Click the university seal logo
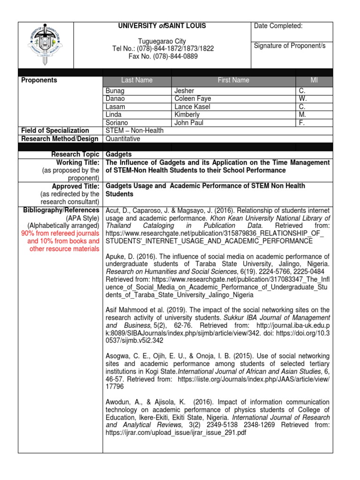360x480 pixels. click(x=45, y=45)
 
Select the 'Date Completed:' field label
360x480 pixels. click(x=278, y=26)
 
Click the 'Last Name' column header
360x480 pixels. click(x=137, y=80)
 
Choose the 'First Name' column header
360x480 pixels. click(x=233, y=80)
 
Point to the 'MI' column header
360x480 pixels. click(x=314, y=80)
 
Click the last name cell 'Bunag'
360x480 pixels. click(x=115, y=91)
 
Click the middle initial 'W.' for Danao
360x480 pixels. click(x=302, y=99)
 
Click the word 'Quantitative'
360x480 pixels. click(x=123, y=138)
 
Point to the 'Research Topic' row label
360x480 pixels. click(x=75, y=154)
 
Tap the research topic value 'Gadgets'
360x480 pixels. click(x=118, y=154)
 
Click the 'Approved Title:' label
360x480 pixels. click(x=77, y=186)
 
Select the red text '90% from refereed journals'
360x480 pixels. click(x=60, y=233)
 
